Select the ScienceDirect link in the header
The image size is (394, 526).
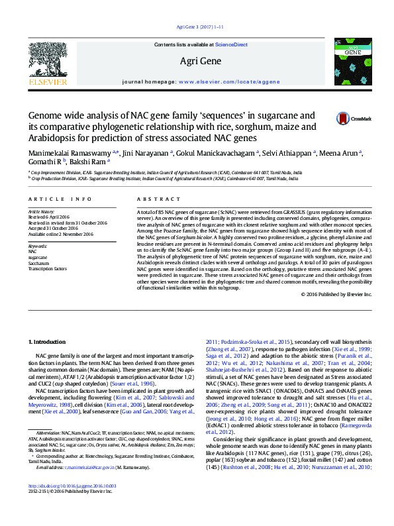tap(231, 44)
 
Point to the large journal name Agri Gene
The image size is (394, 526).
tap(201, 62)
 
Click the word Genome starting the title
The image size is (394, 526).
tap(48, 115)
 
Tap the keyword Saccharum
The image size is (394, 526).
tap(39, 264)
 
